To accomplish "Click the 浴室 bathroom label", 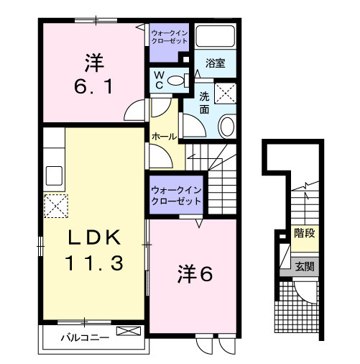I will pos(215,63).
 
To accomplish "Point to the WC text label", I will pos(160,79).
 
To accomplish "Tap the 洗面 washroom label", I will pos(205,103).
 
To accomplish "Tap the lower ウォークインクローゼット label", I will pos(176,196).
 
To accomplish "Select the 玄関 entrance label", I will pos(304,266).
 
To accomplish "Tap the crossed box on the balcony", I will pos(129,332).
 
